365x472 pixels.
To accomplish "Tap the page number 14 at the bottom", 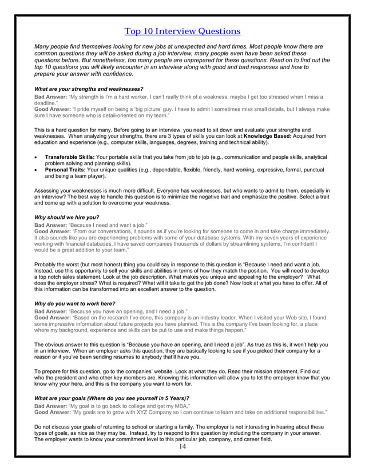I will [182, 446].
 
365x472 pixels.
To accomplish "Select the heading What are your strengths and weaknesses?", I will [89, 89].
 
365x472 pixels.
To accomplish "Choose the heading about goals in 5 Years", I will [112, 398].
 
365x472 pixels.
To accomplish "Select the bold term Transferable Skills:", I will [70, 157].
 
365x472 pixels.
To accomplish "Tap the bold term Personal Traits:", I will [65, 169].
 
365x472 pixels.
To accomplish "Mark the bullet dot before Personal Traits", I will [37, 170].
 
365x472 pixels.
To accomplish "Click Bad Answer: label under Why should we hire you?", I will [51, 225].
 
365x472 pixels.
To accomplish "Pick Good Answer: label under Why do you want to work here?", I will [53, 318].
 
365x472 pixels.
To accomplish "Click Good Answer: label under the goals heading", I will [53, 411].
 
